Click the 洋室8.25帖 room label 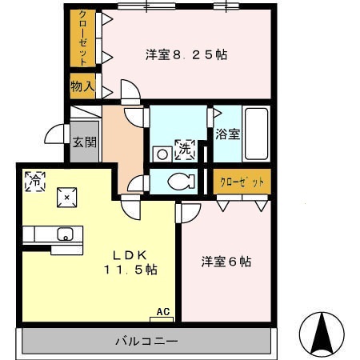[186, 55]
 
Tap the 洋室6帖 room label [226, 262]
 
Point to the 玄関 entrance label [84, 143]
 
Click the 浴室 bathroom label [227, 134]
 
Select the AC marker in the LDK [163, 312]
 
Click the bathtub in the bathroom [256, 134]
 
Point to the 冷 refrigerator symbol [34, 180]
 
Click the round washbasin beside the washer [162, 151]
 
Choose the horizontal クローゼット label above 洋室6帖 [242, 181]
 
